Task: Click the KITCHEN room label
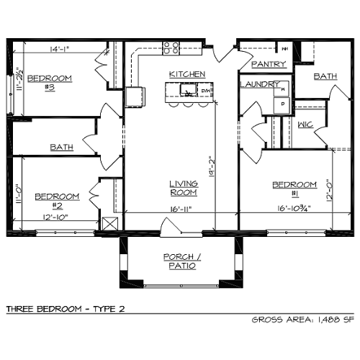coord(187,74)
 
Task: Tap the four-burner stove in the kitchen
coord(171,48)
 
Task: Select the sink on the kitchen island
coord(189,91)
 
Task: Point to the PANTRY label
coord(269,64)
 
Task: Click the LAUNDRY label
coord(259,84)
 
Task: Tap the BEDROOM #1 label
coord(294,189)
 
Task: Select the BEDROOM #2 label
coord(57,200)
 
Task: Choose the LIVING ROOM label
coord(184,188)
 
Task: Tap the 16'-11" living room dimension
coord(181,210)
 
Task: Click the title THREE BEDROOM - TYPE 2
coord(66,308)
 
